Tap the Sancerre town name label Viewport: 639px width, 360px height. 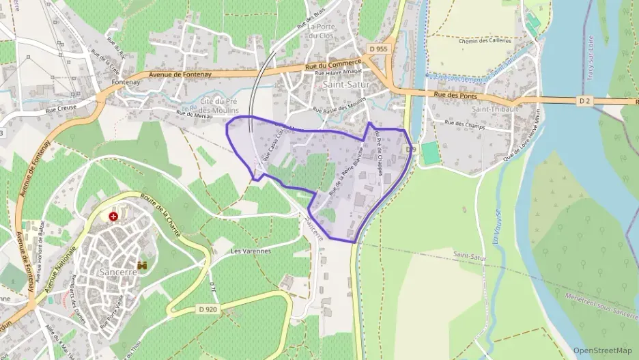pyautogui.click(x=119, y=271)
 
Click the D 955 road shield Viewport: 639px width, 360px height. pyautogui.click(x=377, y=49)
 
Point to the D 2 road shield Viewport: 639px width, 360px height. pyautogui.click(x=584, y=101)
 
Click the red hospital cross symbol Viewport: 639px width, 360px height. pyautogui.click(x=113, y=217)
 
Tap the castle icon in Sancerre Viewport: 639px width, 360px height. pyautogui.click(x=143, y=264)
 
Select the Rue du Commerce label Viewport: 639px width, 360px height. pyautogui.click(x=333, y=66)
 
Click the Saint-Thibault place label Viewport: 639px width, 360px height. pyautogui.click(x=495, y=109)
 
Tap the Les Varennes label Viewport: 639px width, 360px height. pyautogui.click(x=251, y=251)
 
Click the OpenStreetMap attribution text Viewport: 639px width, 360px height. pyautogui.click(x=603, y=350)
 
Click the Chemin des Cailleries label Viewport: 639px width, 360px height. pyautogui.click(x=485, y=41)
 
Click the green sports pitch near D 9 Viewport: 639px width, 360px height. pyautogui.click(x=430, y=152)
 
